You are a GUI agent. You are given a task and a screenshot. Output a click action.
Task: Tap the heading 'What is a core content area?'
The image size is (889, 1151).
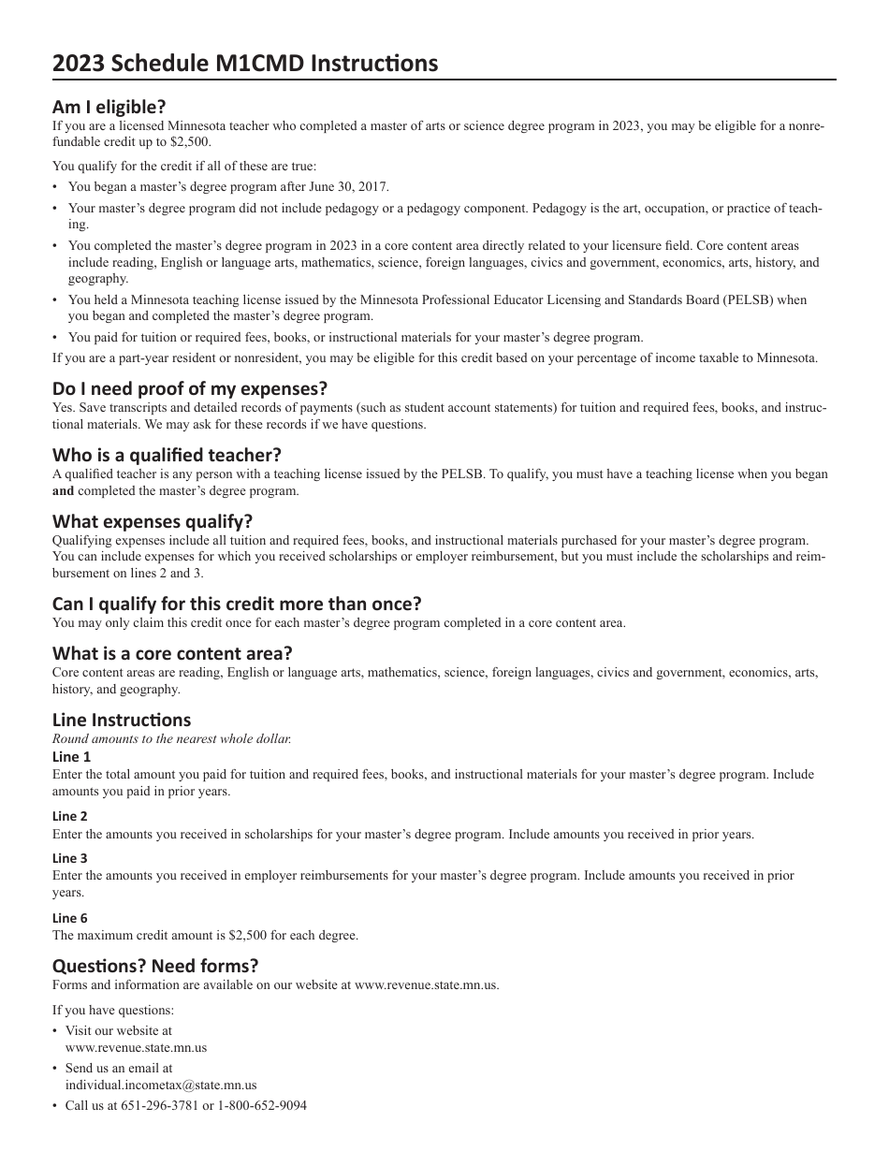(x=172, y=653)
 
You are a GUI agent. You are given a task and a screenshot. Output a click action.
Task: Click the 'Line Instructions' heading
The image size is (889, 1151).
(x=122, y=720)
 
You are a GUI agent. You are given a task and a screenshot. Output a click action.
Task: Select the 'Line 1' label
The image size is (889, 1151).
(x=71, y=757)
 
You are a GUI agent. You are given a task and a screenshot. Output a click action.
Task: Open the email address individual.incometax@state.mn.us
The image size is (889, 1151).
(x=161, y=1085)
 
